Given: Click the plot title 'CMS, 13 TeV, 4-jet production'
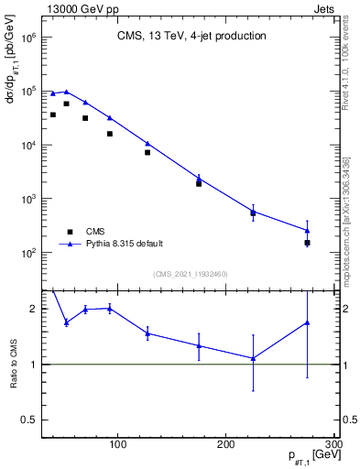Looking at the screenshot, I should pos(191,37).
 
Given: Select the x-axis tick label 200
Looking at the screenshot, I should pos(226,445).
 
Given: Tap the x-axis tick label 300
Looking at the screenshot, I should pos(333,445).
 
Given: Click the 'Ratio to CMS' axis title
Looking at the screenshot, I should pos(15,364).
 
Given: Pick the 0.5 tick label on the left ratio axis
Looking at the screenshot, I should pos(27,420).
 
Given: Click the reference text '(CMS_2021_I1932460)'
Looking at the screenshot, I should pos(191,274).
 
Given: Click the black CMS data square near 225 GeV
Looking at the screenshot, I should pos(253,213).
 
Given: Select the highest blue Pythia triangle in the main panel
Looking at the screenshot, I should pos(66,92).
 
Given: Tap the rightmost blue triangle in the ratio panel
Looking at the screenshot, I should pos(307,322).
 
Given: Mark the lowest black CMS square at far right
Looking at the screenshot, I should pos(307,243).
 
